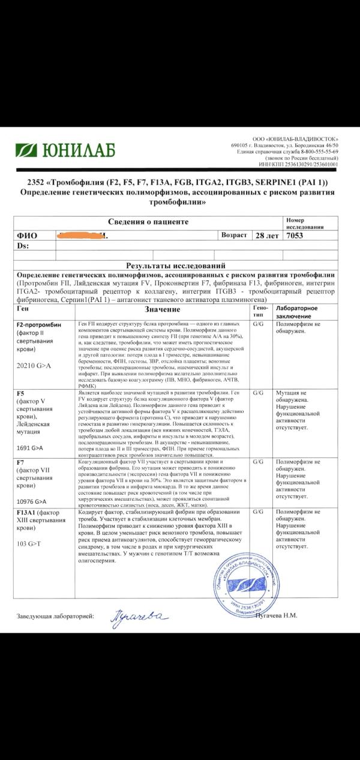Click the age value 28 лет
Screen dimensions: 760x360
point(267,235)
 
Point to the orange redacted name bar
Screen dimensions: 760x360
point(81,235)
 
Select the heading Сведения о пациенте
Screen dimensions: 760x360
point(148,222)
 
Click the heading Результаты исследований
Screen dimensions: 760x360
point(175,265)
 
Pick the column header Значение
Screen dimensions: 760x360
point(162,309)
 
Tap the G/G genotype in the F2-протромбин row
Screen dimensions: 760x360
point(259,324)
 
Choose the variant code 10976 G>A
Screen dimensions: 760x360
point(33,501)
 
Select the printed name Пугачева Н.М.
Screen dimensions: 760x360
point(277,615)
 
